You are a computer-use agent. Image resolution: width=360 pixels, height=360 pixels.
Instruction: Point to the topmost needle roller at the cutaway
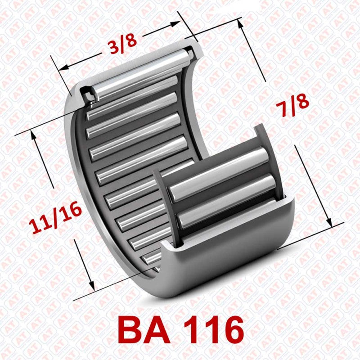click(x=144, y=74)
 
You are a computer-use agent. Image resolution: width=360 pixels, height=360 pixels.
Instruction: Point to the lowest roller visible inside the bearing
click(x=153, y=258)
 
